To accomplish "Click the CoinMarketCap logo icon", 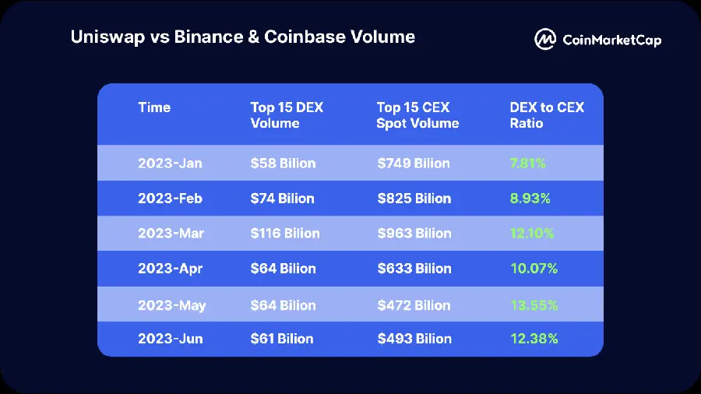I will [x=545, y=39].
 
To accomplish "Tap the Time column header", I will [x=154, y=107].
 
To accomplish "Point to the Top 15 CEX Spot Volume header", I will [x=417, y=115].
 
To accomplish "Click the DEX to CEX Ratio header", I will [x=546, y=115].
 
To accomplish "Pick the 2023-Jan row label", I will [x=170, y=164].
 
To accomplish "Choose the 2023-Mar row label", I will [x=171, y=234].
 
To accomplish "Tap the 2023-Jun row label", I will [x=171, y=339].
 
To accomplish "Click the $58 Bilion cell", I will [x=283, y=164].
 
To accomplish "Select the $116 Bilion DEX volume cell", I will [x=285, y=234].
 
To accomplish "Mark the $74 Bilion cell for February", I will [x=282, y=199].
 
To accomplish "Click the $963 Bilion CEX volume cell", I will [x=414, y=234].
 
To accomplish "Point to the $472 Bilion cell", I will [x=414, y=305].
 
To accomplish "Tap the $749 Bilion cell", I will [x=414, y=164].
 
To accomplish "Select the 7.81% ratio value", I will [x=527, y=164].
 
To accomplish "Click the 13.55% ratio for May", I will [x=534, y=305].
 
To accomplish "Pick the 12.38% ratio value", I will [x=534, y=339].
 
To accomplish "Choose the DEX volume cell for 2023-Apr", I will [x=283, y=269].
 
